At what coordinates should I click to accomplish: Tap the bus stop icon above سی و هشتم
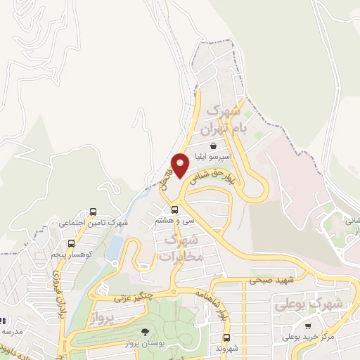pos(174,210)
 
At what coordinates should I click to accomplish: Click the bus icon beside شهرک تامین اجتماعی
pos(94,212)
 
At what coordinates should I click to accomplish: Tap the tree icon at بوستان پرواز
pos(145,331)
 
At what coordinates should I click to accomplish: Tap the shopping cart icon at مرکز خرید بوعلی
pos(309,326)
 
